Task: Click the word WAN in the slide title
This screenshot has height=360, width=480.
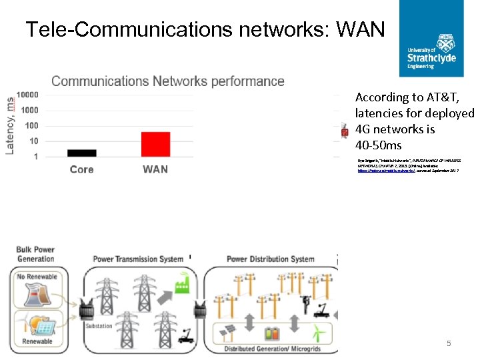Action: point(361,29)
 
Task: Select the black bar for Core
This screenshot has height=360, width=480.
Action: point(82,153)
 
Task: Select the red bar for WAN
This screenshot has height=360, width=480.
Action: point(155,144)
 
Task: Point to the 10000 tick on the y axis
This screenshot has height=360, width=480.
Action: point(27,95)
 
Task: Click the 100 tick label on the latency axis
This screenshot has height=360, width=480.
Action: point(31,126)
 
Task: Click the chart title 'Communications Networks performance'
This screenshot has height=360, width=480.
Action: point(168,81)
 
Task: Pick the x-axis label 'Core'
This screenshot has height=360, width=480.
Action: point(82,169)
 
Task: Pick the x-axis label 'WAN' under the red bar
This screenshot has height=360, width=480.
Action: point(155,169)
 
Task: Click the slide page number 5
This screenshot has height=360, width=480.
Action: point(449,343)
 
